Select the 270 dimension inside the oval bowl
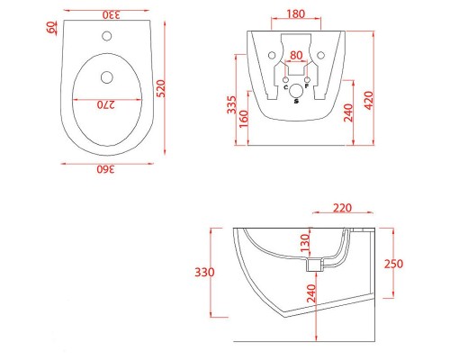[x=107, y=104]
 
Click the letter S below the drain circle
[x=297, y=103]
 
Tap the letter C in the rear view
[x=286, y=87]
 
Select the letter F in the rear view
[x=308, y=87]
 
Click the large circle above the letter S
[x=297, y=88]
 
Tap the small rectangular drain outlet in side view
[x=315, y=265]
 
